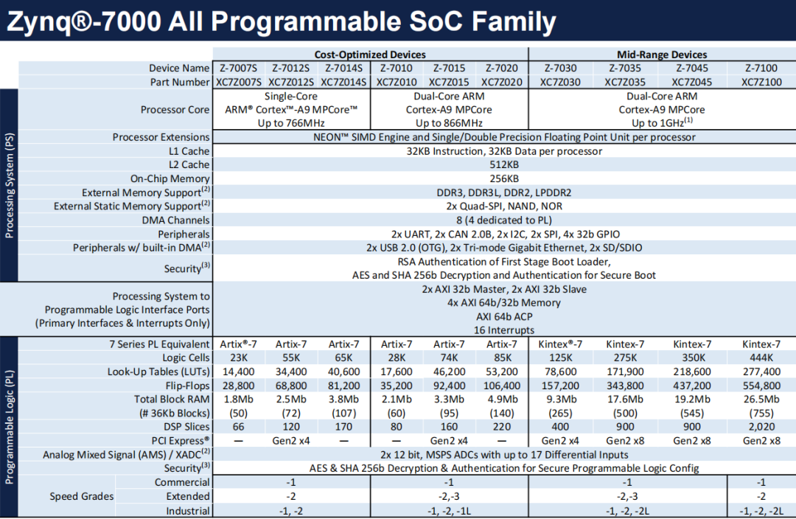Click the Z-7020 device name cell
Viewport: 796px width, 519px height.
click(x=502, y=68)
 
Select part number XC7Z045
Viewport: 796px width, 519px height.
click(x=692, y=83)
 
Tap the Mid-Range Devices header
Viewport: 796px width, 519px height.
click(x=662, y=55)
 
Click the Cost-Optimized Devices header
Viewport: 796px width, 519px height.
click(x=370, y=55)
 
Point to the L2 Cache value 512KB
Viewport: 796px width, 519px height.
click(x=504, y=164)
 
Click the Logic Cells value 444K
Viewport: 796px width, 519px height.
click(x=761, y=358)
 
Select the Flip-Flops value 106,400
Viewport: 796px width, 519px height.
click(x=502, y=386)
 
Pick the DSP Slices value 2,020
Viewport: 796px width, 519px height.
click(x=761, y=427)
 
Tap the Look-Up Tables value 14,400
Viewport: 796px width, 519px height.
click(x=238, y=372)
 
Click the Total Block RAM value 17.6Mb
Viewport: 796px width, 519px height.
click(x=625, y=399)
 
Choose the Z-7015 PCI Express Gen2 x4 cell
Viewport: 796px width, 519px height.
click(x=449, y=441)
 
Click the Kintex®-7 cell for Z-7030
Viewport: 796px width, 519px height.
click(x=560, y=344)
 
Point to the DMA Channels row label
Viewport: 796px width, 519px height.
click(x=175, y=220)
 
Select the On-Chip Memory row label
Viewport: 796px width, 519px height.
click(x=170, y=178)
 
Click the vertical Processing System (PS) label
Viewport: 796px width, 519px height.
click(x=9, y=185)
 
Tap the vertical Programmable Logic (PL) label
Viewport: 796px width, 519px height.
click(x=9, y=427)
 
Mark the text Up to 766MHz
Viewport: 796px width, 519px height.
click(x=291, y=123)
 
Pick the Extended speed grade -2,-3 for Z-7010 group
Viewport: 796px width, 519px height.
click(x=449, y=496)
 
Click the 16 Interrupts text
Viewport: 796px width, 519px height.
click(x=504, y=330)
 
